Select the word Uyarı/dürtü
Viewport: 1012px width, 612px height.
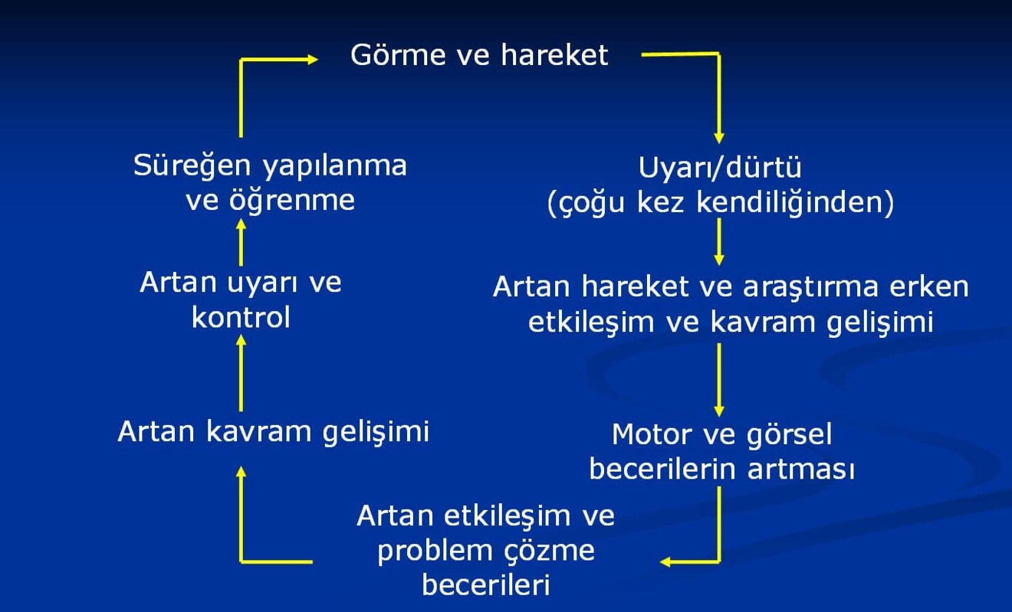(x=720, y=167)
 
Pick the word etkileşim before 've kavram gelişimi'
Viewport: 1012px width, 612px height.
(x=584, y=322)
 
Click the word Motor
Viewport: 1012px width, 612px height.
(x=649, y=434)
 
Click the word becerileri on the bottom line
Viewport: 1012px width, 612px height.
(x=486, y=586)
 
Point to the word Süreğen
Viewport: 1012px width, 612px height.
(x=192, y=165)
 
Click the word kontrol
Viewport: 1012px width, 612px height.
(x=241, y=317)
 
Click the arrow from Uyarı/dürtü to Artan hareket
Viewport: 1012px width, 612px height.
(x=719, y=241)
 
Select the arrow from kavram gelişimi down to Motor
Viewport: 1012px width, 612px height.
(x=719, y=379)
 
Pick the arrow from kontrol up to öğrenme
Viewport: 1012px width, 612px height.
(x=241, y=241)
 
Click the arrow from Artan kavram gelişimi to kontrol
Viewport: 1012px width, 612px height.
(x=241, y=374)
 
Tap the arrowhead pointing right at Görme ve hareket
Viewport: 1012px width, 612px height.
(x=310, y=59)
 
